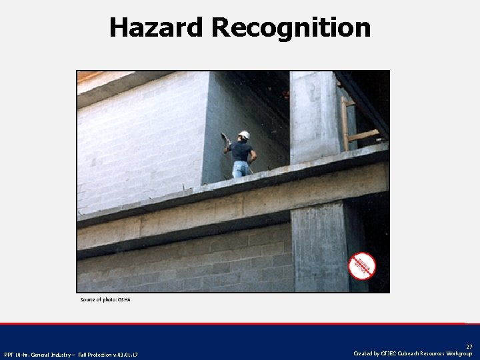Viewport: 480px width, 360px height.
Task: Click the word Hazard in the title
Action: (156, 28)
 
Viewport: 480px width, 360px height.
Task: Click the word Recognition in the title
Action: (291, 28)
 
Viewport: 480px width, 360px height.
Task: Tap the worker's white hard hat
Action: (244, 135)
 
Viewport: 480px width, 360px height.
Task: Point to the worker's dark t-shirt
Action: (242, 152)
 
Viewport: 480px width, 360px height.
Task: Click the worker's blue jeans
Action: (241, 169)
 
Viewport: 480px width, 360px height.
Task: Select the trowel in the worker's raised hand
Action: (225, 137)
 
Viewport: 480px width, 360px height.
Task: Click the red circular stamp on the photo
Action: (362, 265)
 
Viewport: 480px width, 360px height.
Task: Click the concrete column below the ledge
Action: (319, 247)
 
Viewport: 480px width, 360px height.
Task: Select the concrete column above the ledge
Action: (313, 117)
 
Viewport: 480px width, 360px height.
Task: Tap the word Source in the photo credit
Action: (89, 300)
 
